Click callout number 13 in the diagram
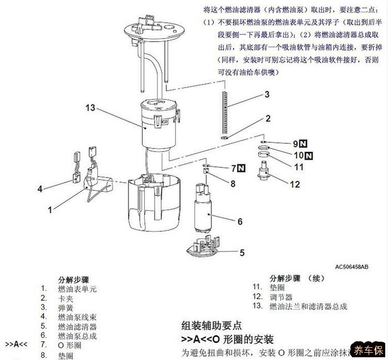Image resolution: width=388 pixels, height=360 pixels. (x=91, y=108)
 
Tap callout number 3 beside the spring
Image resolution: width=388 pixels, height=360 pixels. (x=267, y=95)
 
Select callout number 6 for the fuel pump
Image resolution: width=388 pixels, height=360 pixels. (x=240, y=221)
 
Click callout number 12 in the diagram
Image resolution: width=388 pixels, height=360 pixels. (x=295, y=184)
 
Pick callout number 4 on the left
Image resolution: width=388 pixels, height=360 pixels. (x=40, y=189)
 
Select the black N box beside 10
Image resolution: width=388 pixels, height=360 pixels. (x=308, y=155)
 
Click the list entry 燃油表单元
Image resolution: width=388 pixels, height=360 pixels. (x=77, y=289)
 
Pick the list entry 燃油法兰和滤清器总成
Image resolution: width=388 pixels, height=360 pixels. (x=308, y=306)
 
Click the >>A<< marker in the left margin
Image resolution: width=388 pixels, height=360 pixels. (x=17, y=344)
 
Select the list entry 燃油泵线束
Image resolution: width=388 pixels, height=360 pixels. (x=77, y=317)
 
